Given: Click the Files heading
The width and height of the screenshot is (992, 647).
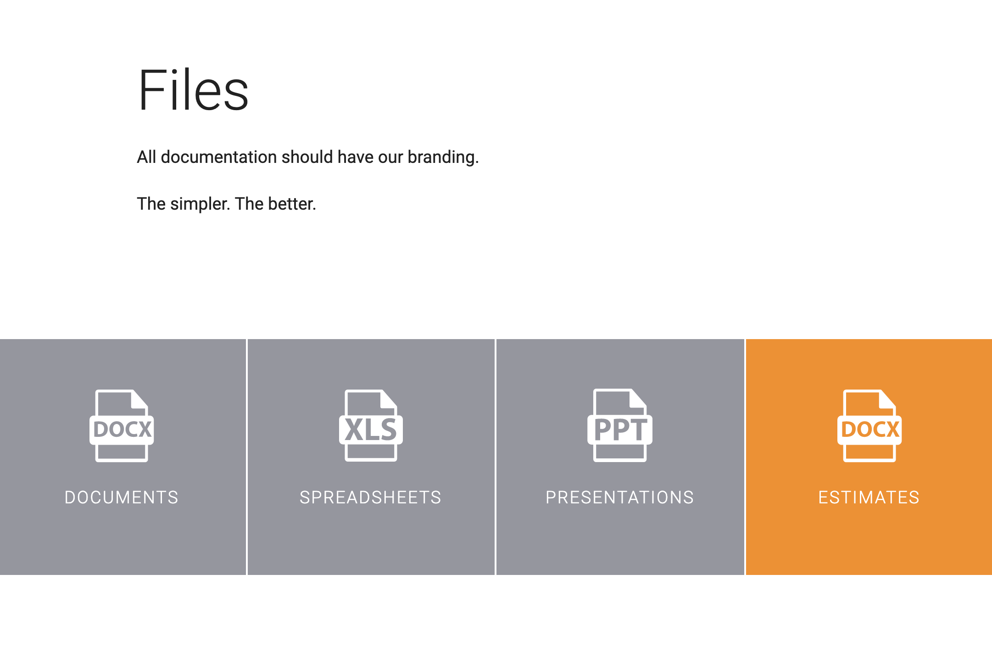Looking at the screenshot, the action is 193,89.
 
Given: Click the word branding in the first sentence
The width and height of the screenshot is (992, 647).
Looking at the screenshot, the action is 443,157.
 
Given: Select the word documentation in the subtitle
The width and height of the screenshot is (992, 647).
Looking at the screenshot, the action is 219,157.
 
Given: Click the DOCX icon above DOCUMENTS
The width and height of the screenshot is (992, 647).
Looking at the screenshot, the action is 122,425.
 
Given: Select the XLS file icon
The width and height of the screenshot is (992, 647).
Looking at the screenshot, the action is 371,425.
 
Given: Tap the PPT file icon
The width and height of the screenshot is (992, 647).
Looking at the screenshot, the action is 620,425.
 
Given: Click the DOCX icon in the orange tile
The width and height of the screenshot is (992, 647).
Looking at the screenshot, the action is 869,425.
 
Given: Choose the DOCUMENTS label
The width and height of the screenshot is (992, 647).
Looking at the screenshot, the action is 122,497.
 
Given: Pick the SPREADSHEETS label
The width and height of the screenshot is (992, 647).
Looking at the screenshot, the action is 371,497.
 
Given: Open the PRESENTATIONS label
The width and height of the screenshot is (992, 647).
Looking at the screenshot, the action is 620,497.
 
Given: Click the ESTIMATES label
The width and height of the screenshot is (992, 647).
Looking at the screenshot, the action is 869,497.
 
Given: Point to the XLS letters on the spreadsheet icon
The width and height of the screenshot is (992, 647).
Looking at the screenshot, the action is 371,429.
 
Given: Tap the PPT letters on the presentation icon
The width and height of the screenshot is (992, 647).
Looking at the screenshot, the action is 620,429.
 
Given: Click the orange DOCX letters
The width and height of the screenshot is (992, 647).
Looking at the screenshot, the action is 870,429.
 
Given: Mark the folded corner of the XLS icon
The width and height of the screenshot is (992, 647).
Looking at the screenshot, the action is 388,399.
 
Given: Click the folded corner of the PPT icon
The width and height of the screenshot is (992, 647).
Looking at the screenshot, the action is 638,398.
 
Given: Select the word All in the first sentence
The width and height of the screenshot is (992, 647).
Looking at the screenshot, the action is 147,157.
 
